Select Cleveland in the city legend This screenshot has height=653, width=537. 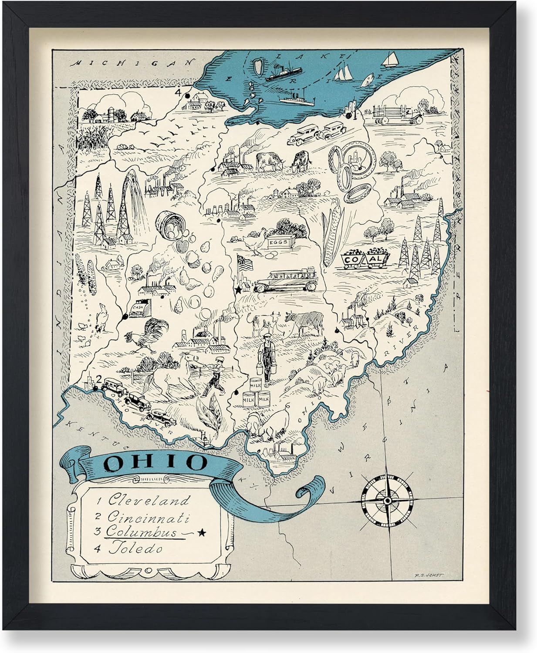(149, 501)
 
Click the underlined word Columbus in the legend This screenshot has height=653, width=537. (142, 532)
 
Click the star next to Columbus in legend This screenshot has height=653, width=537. (201, 532)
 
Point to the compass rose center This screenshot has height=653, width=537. (387, 501)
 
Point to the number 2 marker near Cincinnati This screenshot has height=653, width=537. (99, 379)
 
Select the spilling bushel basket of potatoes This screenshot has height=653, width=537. (167, 224)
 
